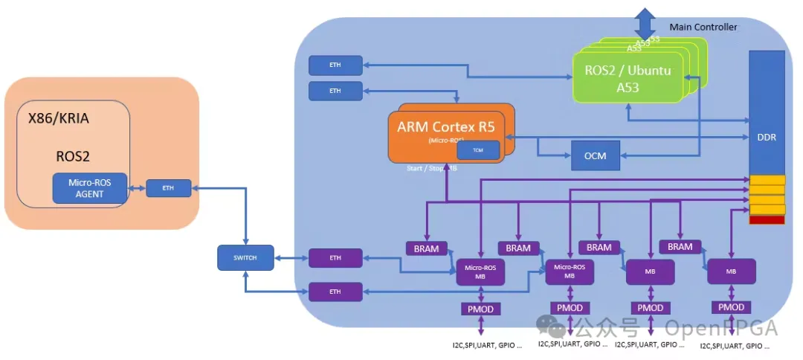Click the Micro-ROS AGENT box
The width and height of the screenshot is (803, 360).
(90, 188)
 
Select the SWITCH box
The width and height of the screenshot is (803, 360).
(245, 257)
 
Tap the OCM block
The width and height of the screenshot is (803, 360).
(595, 155)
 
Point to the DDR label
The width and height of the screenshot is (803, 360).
(767, 138)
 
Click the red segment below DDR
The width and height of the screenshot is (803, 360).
(767, 219)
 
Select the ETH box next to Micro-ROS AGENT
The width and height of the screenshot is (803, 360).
(168, 188)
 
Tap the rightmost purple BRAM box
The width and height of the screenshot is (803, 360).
(680, 247)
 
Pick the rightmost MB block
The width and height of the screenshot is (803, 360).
(731, 271)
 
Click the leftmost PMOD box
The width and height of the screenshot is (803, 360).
(480, 309)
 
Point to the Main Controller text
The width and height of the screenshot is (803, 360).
(703, 27)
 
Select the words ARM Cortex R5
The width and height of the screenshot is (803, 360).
(446, 126)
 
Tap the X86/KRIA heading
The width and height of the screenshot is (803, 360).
(59, 118)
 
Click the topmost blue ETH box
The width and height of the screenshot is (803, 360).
(335, 65)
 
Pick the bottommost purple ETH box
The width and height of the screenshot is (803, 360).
(335, 292)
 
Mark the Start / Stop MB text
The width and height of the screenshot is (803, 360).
(431, 168)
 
